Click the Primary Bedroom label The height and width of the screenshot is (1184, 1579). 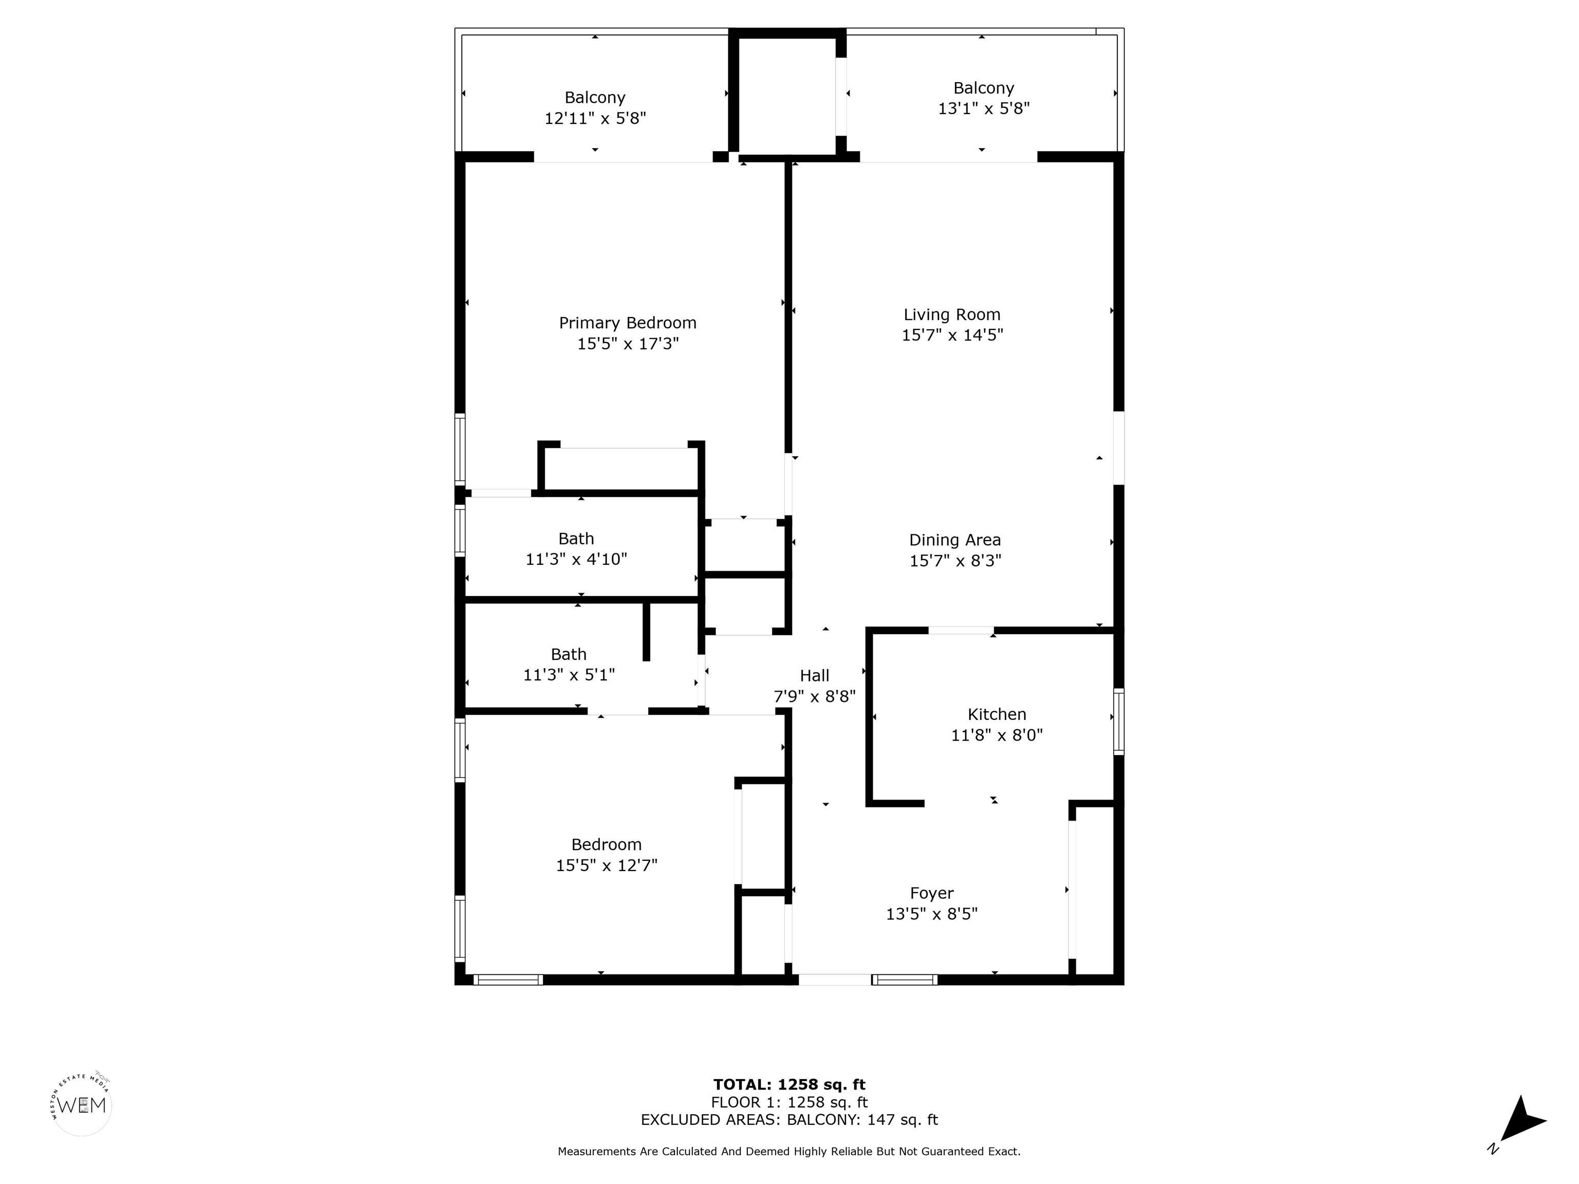[x=628, y=323]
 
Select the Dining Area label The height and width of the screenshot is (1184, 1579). [x=955, y=540]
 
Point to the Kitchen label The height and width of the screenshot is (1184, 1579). [x=997, y=714]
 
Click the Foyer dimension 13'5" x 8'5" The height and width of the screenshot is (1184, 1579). [x=931, y=914]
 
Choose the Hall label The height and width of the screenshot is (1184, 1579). [x=815, y=676]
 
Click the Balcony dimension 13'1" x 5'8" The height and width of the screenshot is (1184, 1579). [x=984, y=108]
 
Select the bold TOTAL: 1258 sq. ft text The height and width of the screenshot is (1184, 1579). [x=789, y=1085]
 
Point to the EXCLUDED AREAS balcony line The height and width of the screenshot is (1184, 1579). [x=789, y=1120]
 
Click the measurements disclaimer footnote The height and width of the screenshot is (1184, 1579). [x=789, y=1151]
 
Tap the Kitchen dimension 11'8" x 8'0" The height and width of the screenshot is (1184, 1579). [x=997, y=735]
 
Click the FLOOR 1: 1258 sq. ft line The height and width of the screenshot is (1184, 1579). [x=789, y=1103]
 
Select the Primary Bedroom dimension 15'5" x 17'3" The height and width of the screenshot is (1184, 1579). [x=628, y=344]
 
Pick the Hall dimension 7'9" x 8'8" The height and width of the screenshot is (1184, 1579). [x=815, y=696]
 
